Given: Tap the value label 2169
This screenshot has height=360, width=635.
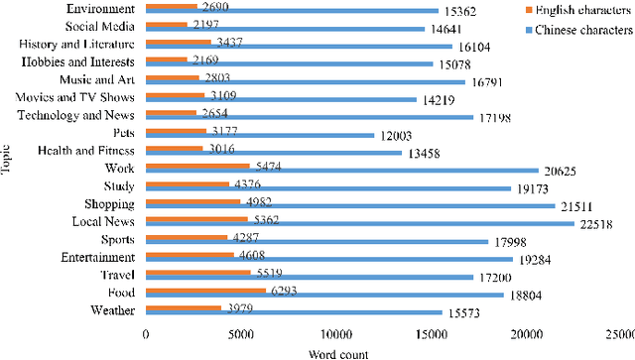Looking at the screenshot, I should tap(205, 59).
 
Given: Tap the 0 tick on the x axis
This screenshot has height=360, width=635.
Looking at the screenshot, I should tap(146, 335).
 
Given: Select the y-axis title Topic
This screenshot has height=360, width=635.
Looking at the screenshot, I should tap(8, 162).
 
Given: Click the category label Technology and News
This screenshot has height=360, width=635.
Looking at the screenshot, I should tap(78, 114).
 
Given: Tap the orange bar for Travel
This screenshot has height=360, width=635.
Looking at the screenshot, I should tap(198, 272).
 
